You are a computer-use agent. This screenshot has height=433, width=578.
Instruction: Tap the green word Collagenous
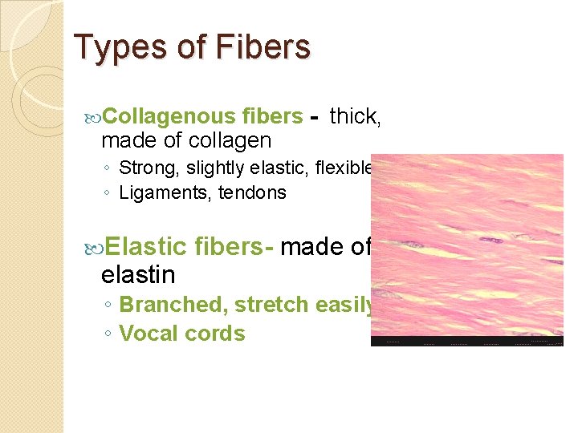coord(168,116)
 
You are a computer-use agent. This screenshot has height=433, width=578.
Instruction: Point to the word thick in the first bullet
coord(354,116)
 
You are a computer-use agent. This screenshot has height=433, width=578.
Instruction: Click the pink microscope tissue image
coord(467,249)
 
